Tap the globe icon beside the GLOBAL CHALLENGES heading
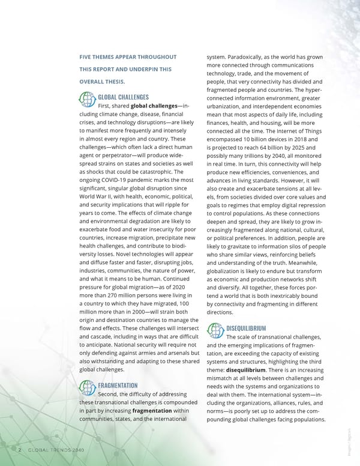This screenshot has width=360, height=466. [x=86, y=98]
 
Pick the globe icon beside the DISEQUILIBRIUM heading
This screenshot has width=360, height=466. [x=214, y=330]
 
